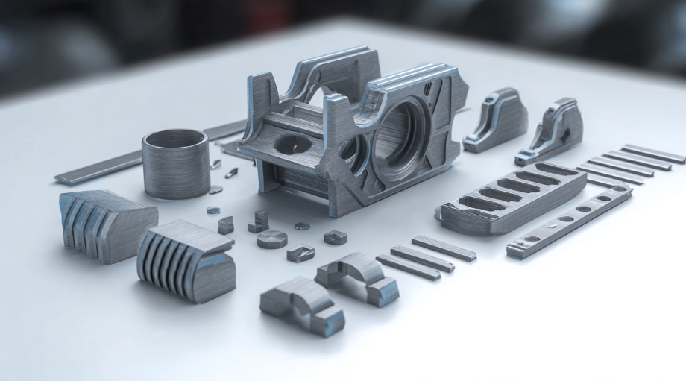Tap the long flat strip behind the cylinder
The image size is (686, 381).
[97, 169]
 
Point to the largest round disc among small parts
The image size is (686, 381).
[271, 239]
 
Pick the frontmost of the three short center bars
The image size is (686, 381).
[407, 266]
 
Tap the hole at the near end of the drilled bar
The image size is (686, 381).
[531, 239]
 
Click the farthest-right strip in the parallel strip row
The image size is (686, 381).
[653, 154]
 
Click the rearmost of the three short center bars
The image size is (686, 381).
[444, 248]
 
